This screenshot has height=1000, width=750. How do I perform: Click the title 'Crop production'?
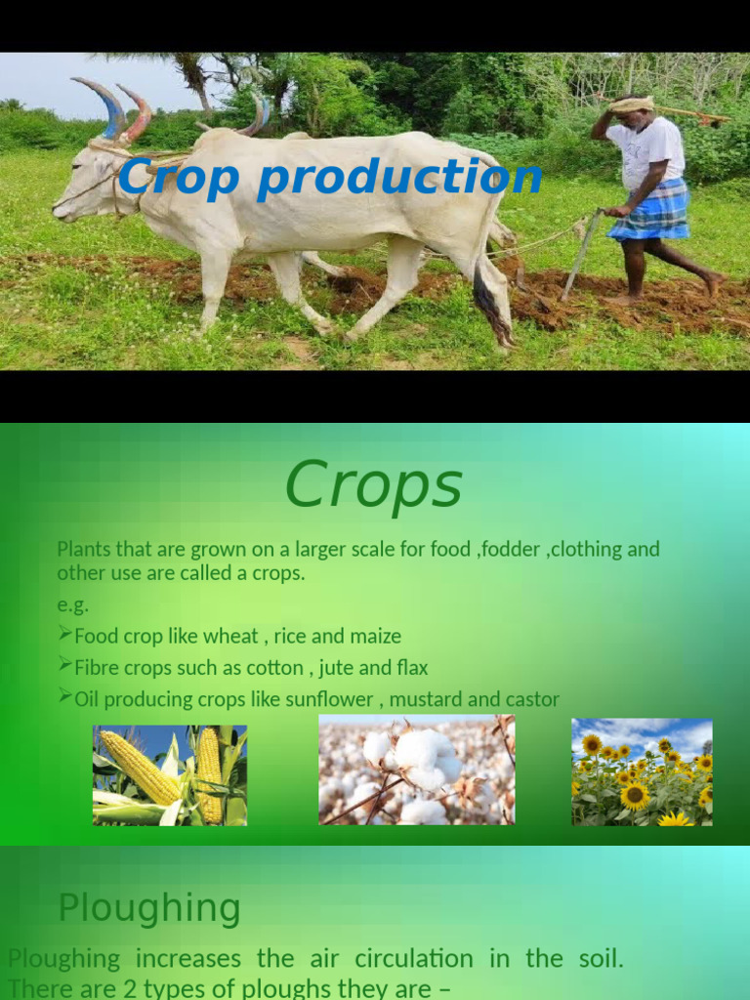330,178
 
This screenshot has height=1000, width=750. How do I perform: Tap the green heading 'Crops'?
373,485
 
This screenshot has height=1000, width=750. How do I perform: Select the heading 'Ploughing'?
149,908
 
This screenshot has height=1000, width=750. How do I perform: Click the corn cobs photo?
170,775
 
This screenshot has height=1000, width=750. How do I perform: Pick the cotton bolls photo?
416,770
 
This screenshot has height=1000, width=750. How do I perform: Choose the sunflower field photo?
642,772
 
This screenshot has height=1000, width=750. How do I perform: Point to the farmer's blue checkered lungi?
649,212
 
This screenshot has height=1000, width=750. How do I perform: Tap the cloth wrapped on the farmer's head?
633,104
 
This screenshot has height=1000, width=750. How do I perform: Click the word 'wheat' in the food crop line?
230,637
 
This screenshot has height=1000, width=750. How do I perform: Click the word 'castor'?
532,700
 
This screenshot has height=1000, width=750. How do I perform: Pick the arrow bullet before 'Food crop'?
64,635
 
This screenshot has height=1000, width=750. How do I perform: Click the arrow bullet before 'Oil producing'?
64,697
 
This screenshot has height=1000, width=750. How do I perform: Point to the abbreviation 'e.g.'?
72,604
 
